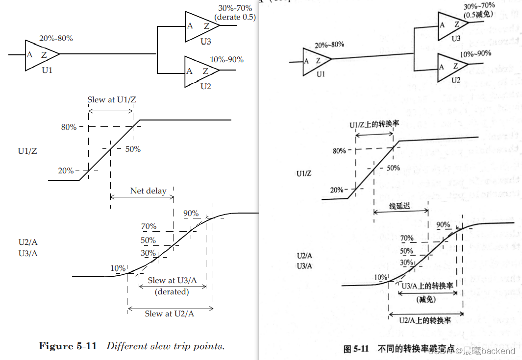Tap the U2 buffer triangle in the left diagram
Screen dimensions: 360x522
coord(200,71)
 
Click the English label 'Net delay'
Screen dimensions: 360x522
coord(148,191)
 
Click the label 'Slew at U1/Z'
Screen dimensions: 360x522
coord(112,99)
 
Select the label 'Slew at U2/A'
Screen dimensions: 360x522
coord(169,313)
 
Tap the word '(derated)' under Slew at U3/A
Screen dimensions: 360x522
coord(172,291)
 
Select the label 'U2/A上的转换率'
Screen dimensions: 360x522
coord(425,320)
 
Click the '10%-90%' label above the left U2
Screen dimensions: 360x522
coord(226,60)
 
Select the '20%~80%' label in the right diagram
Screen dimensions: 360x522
coord(329,45)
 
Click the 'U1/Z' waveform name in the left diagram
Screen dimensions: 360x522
coord(27,151)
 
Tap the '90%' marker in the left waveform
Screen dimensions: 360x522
coord(191,214)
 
